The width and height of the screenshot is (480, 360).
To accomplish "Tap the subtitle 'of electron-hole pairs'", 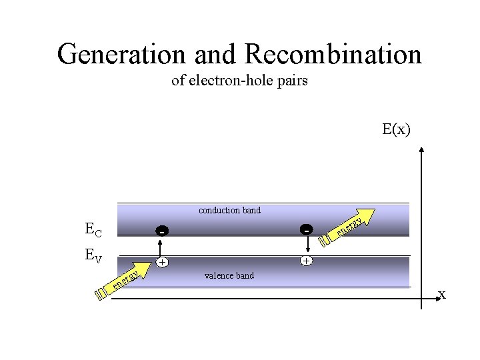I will [x=239, y=81].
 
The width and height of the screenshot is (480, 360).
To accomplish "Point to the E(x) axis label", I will [x=397, y=129].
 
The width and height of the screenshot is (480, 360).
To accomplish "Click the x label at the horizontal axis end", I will [x=441, y=294].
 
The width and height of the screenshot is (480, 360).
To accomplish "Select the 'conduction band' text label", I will [x=230, y=211].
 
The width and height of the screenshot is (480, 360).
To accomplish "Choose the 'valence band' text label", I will [x=229, y=275].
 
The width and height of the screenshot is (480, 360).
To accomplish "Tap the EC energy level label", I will [x=94, y=230].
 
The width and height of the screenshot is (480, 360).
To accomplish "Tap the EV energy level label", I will [x=93, y=255].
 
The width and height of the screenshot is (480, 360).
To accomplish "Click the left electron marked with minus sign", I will [x=162, y=231].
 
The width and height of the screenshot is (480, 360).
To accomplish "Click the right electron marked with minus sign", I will [x=305, y=230].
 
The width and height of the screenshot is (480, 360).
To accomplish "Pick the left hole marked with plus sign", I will [x=162, y=262].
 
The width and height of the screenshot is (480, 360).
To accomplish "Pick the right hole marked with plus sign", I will [x=305, y=261].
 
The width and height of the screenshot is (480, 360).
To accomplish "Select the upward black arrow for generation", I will [x=162, y=247].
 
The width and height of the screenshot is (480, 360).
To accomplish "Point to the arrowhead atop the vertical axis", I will [x=423, y=150].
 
